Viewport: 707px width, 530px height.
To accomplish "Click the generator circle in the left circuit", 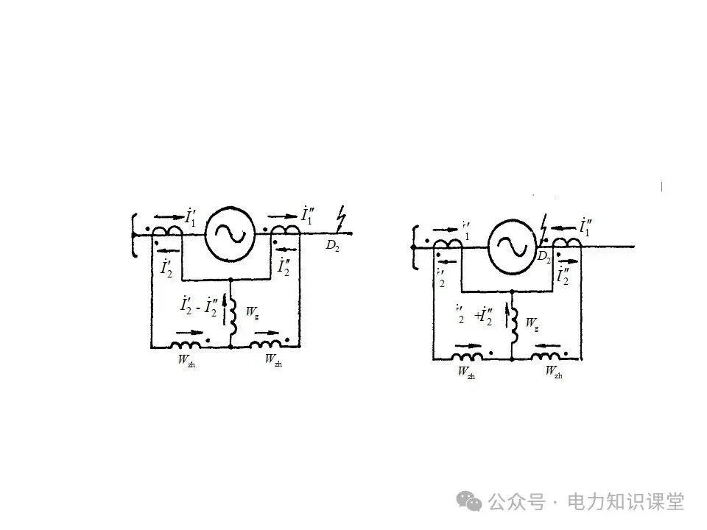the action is coord(229,233).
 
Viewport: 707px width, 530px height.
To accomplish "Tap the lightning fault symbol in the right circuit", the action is coord(544,225).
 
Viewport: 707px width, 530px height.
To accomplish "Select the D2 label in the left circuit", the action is coord(333,246).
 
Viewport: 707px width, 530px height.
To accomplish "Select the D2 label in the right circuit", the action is coord(544,256).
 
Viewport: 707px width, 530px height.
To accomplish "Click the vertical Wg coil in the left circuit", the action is coord(233,315).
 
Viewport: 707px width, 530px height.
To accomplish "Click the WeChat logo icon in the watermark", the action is coord(468,501).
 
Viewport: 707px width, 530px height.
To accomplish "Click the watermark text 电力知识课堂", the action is coord(625,502).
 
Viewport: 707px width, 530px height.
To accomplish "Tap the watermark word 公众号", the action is coord(516,502).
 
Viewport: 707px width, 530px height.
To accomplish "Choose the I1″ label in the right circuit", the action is coord(588,227).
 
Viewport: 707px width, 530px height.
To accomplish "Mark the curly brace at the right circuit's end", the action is coord(414,247).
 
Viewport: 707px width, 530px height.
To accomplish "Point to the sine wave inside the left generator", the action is coord(229,233).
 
